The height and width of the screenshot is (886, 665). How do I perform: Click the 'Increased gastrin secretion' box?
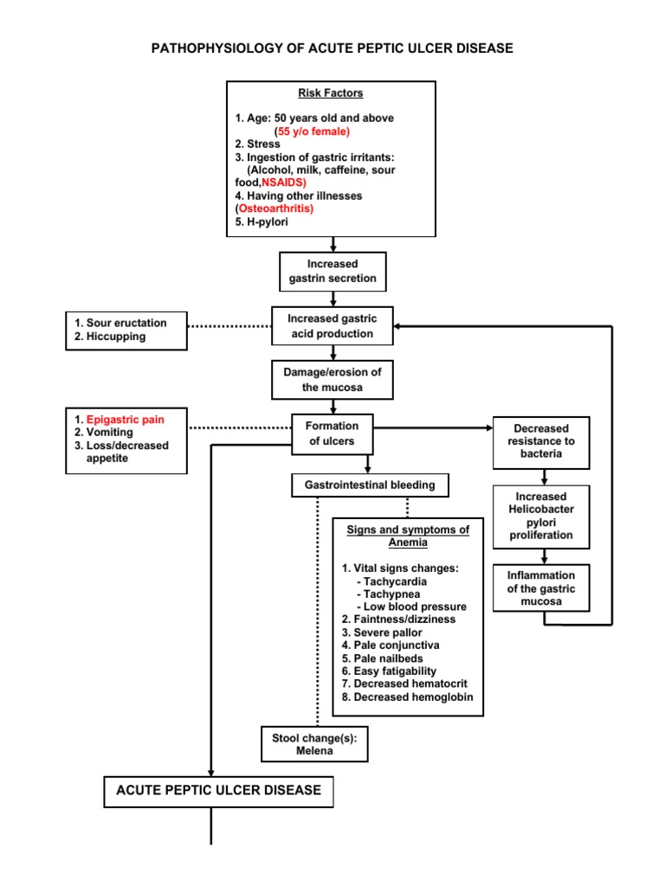point(332,272)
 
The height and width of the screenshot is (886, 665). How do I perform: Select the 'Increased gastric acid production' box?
point(332,327)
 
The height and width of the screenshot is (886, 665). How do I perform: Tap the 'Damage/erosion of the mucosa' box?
point(332,380)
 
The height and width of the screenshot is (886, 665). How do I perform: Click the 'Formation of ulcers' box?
point(332,433)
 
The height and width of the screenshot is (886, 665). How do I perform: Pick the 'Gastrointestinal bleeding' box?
point(370,485)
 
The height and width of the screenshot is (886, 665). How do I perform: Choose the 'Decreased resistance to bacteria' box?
point(542,441)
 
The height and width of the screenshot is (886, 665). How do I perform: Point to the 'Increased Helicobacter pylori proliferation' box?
point(542,517)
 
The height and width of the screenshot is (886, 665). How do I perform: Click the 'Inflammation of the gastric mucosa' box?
point(542,588)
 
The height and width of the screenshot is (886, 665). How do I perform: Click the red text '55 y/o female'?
point(313,131)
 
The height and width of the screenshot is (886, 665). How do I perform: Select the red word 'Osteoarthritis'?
point(274,209)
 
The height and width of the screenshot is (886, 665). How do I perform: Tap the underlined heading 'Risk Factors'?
point(331,93)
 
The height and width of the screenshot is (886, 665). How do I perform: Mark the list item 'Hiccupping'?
point(115,337)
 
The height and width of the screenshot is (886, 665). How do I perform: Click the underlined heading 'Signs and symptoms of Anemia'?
point(407,536)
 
